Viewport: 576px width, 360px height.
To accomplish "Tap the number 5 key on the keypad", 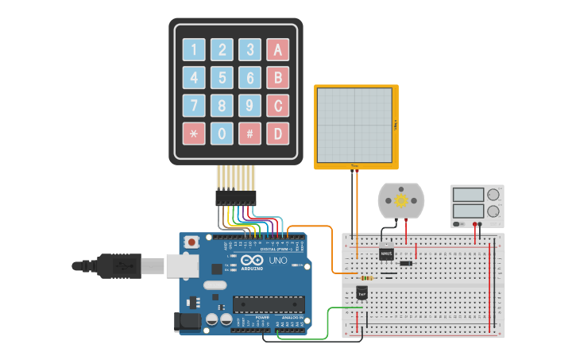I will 222,78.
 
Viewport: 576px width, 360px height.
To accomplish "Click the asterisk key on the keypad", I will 194,133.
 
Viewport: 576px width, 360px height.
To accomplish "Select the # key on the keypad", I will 249,133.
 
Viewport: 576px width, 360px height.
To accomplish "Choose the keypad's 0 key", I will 222,133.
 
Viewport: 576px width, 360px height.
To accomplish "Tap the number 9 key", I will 249,105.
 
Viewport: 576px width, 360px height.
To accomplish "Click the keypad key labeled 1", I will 194,50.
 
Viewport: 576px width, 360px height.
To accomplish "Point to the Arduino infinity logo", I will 251,261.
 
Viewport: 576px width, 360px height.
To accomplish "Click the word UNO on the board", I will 278,261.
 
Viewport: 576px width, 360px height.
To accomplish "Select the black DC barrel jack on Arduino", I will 184,320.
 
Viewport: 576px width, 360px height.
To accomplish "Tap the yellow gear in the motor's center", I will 401,200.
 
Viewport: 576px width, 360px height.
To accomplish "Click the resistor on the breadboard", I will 366,278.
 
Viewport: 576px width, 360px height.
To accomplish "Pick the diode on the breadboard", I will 405,263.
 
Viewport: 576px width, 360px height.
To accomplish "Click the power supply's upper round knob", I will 493,194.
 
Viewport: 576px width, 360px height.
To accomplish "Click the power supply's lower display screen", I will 469,211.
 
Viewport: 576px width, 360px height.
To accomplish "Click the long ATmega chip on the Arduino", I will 269,303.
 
